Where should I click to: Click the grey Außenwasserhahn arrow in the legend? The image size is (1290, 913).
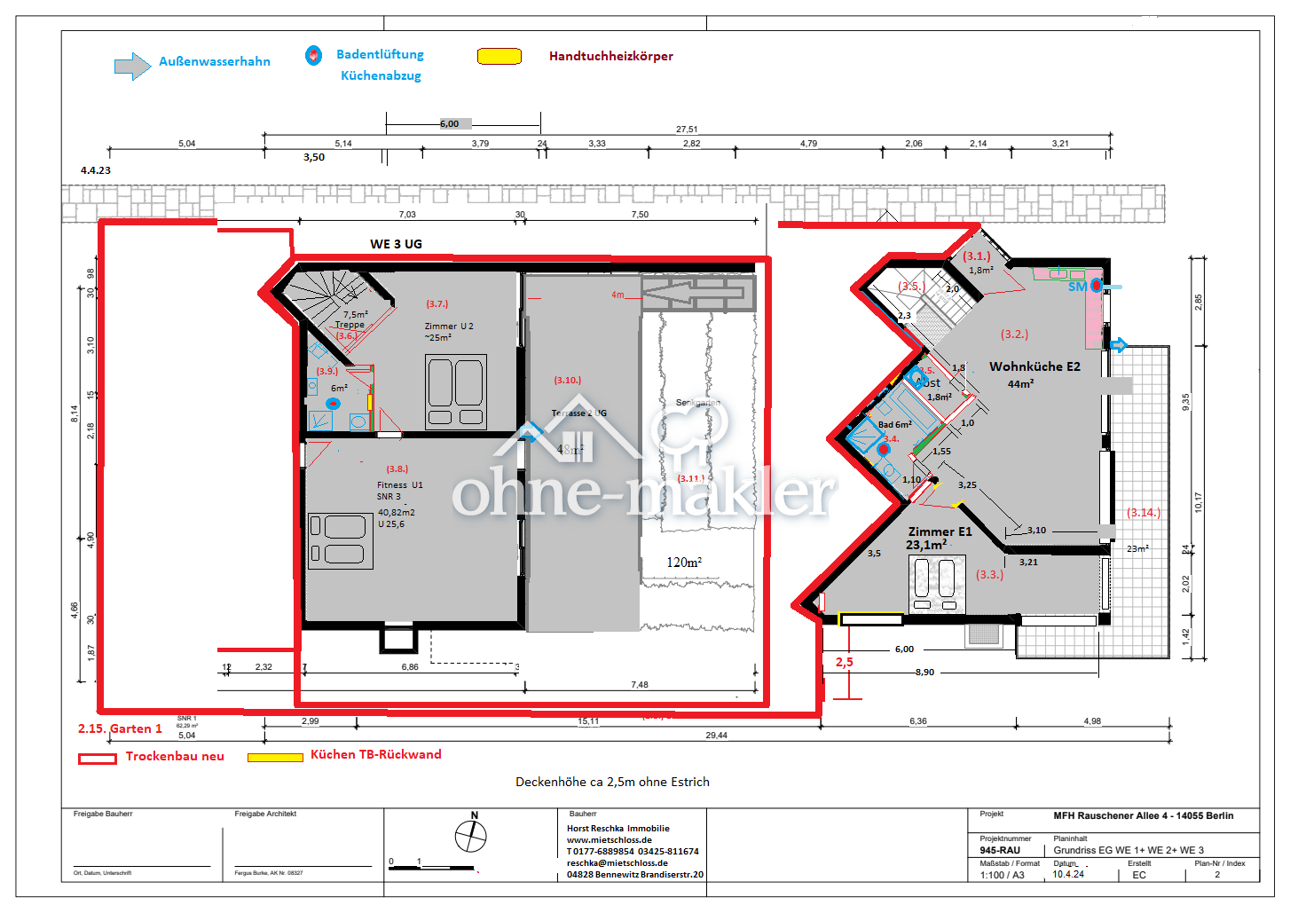(132, 66)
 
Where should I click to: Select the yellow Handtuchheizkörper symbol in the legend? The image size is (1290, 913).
(499, 56)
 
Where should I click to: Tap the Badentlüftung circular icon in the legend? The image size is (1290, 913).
(313, 55)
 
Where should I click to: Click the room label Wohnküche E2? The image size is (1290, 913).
(1034, 366)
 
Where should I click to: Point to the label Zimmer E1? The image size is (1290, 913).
(940, 531)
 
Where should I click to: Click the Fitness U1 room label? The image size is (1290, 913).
(399, 485)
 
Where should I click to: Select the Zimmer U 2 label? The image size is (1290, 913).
(449, 327)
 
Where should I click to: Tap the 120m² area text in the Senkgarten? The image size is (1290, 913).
(684, 563)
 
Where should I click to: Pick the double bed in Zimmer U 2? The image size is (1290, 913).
(455, 391)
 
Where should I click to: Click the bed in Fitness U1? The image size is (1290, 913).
(340, 540)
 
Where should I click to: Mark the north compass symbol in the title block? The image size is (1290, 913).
(471, 835)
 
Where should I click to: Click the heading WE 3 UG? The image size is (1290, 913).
(396, 244)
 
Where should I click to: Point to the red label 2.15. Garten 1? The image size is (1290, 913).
(120, 728)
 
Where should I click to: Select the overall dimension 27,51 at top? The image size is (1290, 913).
(687, 130)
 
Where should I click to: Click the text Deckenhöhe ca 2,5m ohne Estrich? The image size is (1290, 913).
(612, 782)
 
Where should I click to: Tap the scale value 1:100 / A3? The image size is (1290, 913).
(1002, 875)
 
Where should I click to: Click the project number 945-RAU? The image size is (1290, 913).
(999, 850)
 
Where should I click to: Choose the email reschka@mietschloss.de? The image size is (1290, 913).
(617, 862)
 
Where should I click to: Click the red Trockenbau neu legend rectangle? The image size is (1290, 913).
(98, 759)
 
